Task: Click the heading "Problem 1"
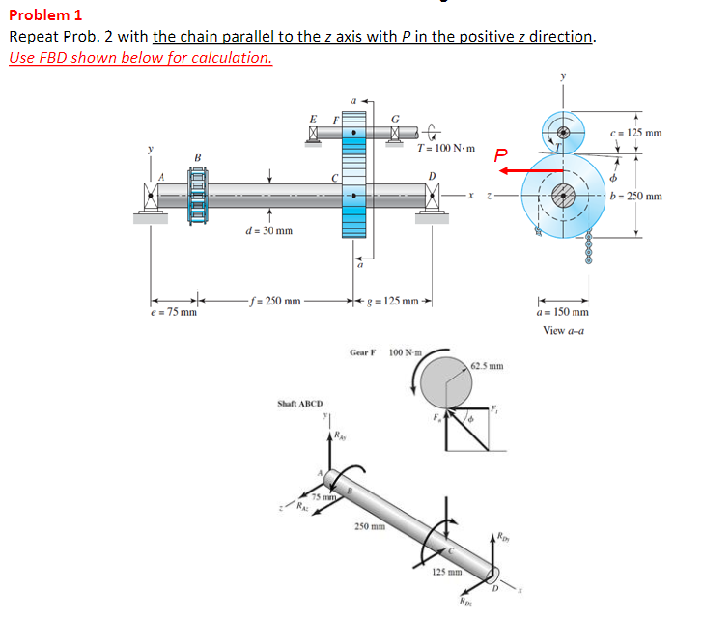click(45, 14)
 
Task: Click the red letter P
click(499, 154)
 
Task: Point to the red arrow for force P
click(531, 170)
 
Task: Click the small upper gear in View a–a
click(562, 128)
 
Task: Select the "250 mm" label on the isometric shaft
click(368, 527)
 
